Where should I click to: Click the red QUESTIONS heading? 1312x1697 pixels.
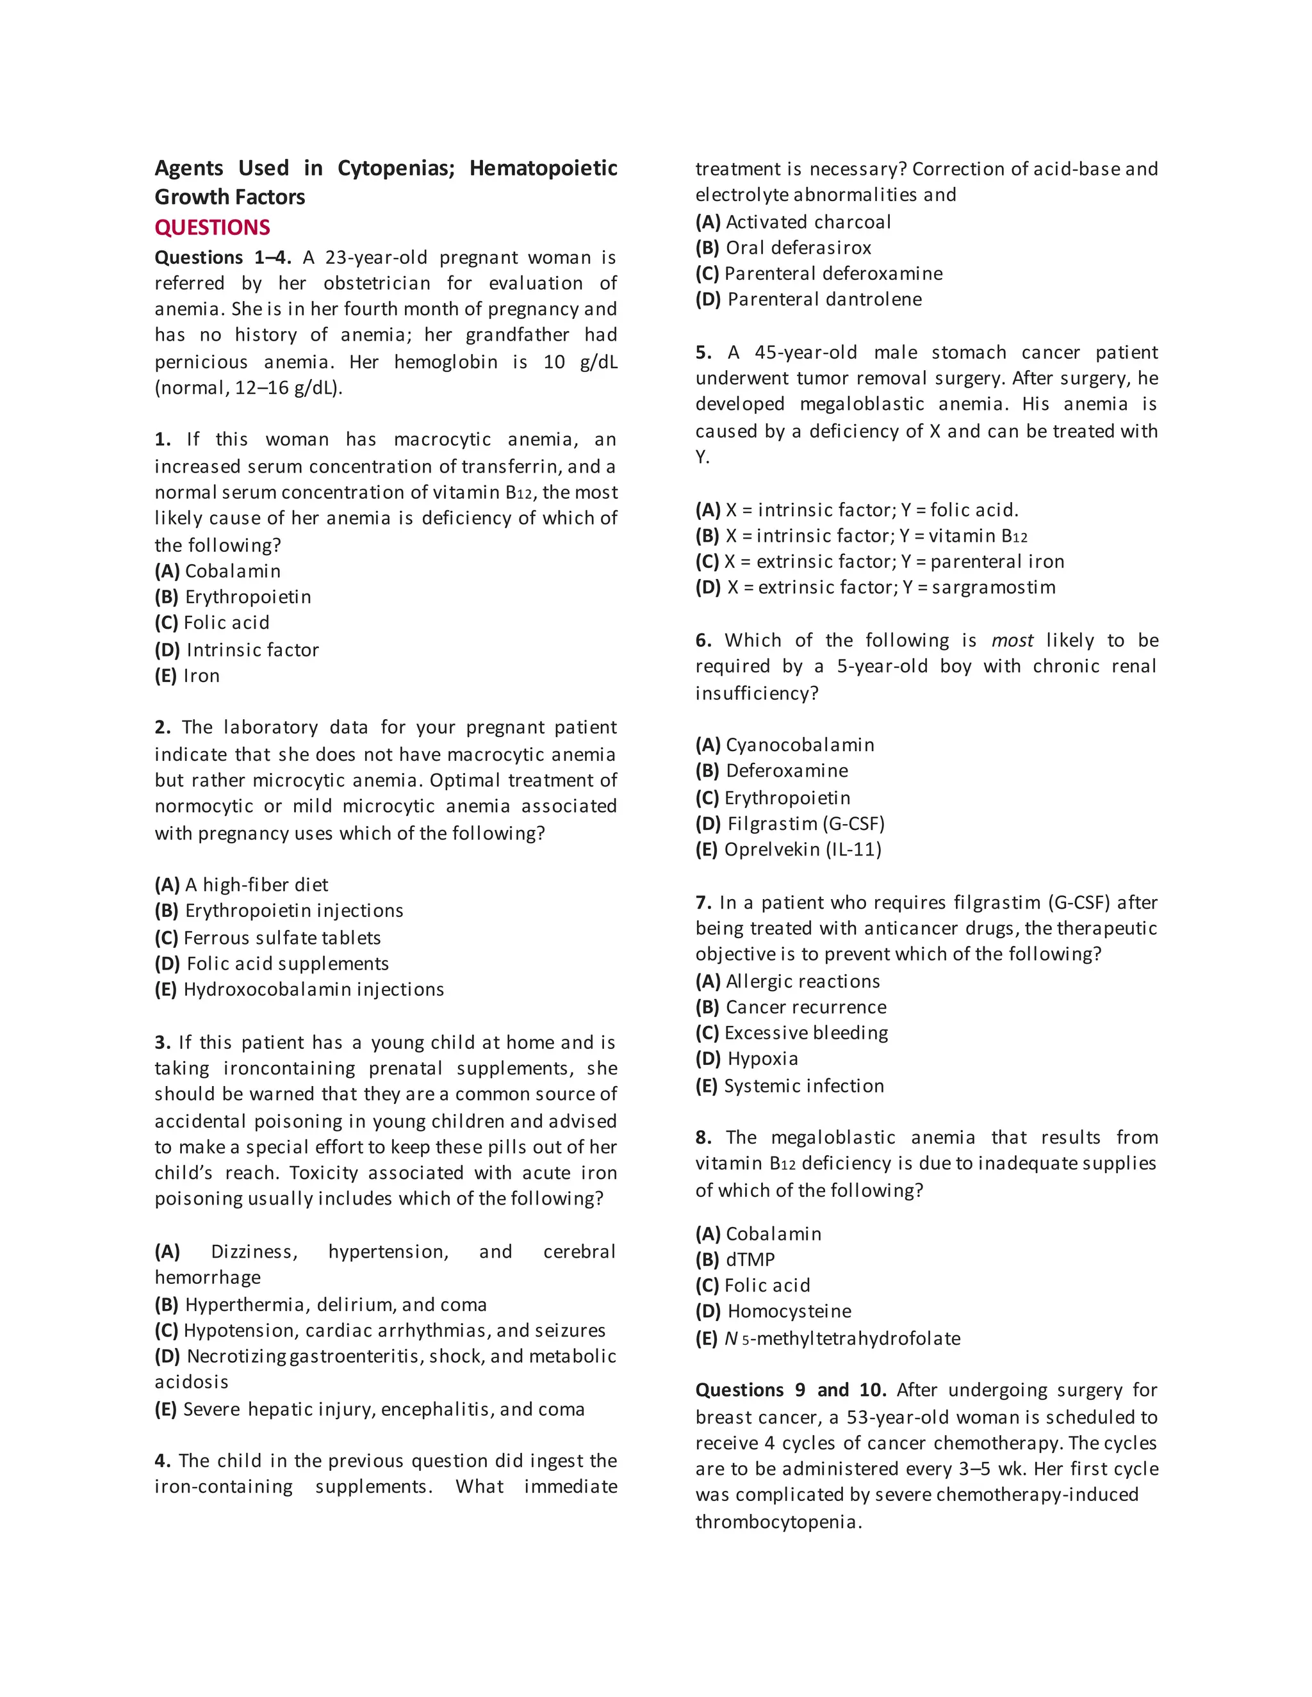click(212, 228)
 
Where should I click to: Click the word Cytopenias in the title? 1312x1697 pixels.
click(396, 168)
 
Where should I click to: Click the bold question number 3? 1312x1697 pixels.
click(161, 1043)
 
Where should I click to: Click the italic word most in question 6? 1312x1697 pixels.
click(1012, 641)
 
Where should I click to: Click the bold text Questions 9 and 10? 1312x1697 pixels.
click(791, 1390)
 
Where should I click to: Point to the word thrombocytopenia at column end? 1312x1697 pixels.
click(778, 1522)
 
